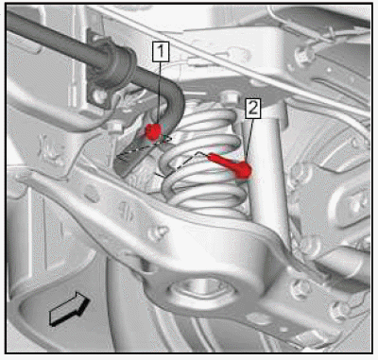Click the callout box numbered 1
[x=161, y=51]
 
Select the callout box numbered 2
[x=253, y=109]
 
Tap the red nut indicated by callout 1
[x=153, y=131]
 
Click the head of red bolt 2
[x=244, y=170]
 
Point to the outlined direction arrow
[x=69, y=309]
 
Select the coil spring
[x=203, y=158]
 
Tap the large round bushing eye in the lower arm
[x=201, y=291]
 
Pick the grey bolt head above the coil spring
[x=229, y=97]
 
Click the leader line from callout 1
[x=160, y=93]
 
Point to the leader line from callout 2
[x=249, y=141]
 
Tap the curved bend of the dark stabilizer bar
[x=173, y=94]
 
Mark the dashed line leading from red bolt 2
[x=182, y=163]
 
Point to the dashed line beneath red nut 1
[x=144, y=147]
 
